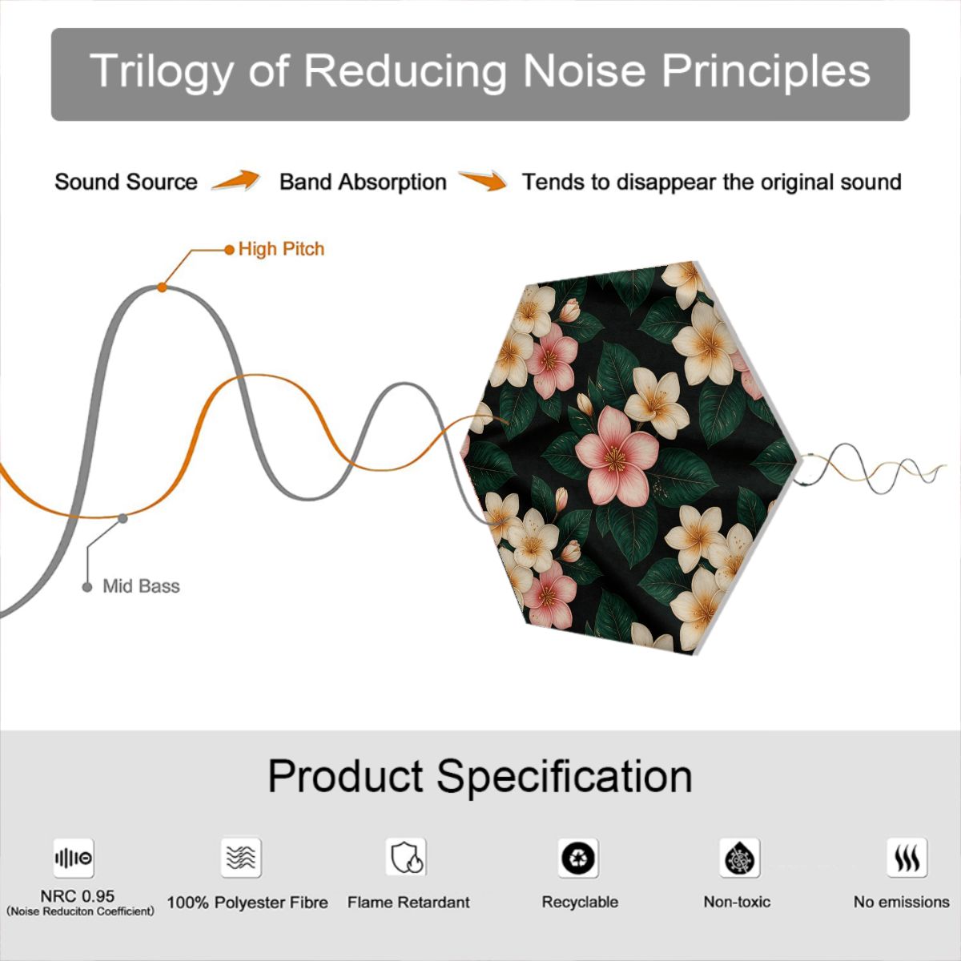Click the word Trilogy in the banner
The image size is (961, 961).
[x=161, y=71]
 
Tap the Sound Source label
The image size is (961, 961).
[x=127, y=182]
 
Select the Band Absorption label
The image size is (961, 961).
[x=363, y=182]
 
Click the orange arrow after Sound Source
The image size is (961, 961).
[x=236, y=180]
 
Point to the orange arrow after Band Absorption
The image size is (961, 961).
[x=483, y=180]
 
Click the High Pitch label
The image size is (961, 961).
[x=281, y=249]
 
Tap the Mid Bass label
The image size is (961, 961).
[x=141, y=586]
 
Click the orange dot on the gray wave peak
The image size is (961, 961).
[x=162, y=287]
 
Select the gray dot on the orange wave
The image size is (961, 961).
[x=123, y=519]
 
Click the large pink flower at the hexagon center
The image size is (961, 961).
[x=617, y=455]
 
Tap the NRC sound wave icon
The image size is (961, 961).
[x=74, y=858]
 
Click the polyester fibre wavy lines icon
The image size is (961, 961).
[x=241, y=858]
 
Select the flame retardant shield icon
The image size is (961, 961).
[x=406, y=858]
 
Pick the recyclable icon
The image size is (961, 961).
[x=578, y=858]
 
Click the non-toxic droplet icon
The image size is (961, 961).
[x=740, y=858]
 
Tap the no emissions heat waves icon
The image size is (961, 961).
[x=907, y=858]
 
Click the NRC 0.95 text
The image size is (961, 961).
[x=78, y=896]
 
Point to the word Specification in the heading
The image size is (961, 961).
[x=565, y=778]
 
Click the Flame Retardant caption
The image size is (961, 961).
[x=408, y=903]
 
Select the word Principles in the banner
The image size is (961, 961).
[x=766, y=71]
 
